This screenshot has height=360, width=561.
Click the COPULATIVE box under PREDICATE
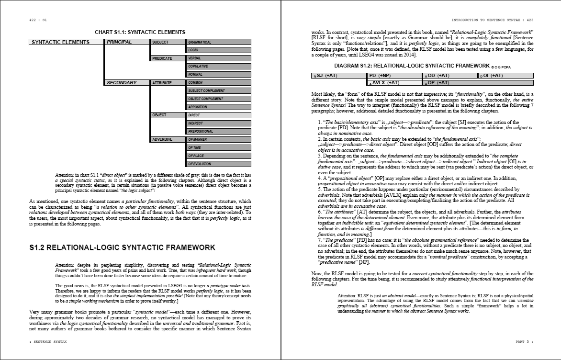point(219,67)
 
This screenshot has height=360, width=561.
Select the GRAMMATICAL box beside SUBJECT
point(219,42)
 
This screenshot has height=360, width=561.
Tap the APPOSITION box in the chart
point(219,107)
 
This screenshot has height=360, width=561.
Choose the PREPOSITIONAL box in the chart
point(219,132)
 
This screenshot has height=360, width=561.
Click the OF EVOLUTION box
point(219,164)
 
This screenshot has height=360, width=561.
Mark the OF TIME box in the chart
point(219,148)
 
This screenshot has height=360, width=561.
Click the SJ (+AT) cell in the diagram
point(338,76)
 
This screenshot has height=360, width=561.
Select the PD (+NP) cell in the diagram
point(395,76)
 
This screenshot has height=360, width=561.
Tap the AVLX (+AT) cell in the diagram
point(395,83)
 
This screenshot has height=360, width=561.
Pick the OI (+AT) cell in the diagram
point(505,76)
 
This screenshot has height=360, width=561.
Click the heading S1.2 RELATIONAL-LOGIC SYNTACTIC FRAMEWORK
point(122,247)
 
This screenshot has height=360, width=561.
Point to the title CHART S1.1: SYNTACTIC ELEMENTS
point(140,32)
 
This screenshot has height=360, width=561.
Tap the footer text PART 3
point(524,342)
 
